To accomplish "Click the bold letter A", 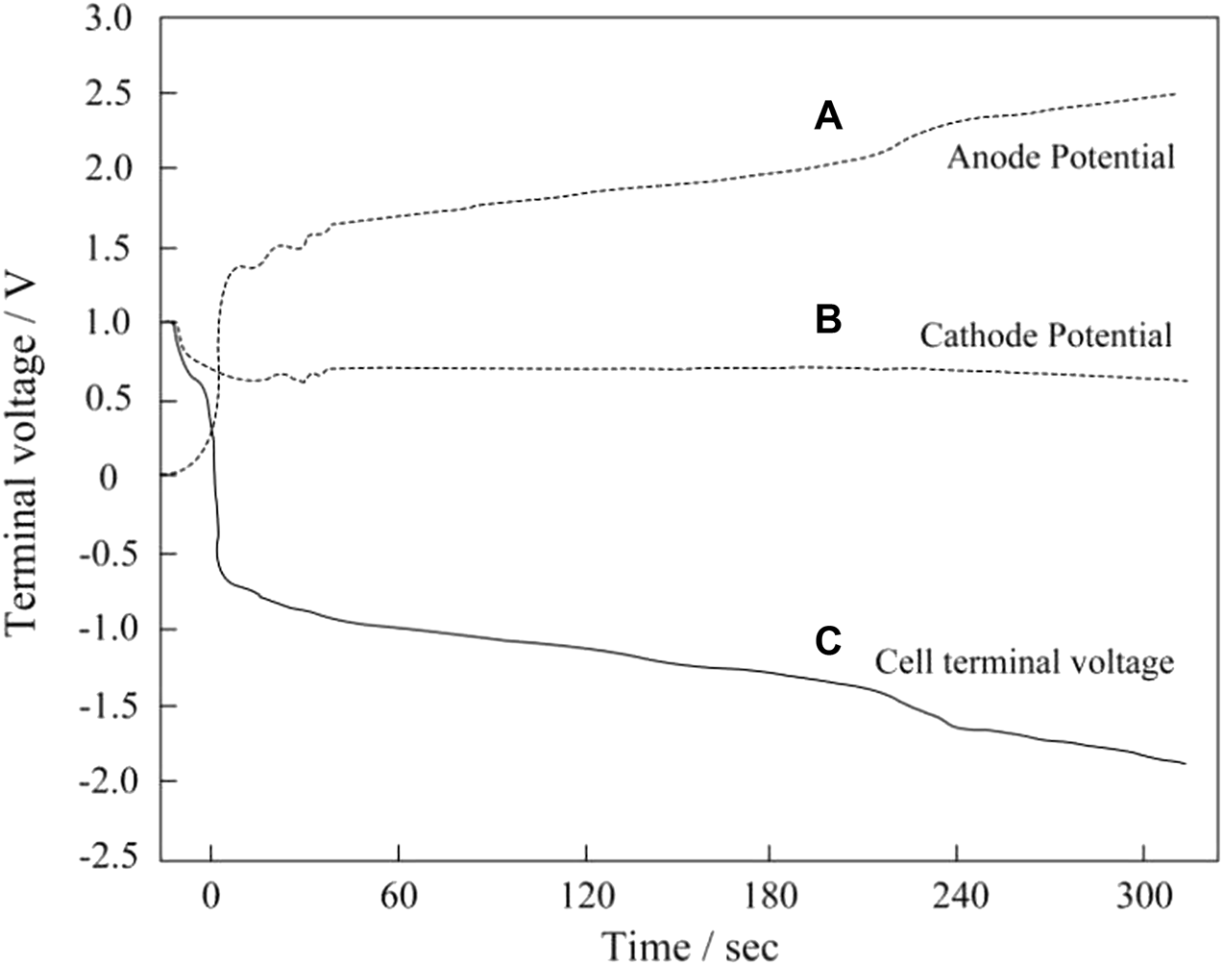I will pos(828,117).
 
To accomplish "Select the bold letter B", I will pos(828,320).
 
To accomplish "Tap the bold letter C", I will pos(828,641).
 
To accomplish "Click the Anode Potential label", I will pos(1061,157).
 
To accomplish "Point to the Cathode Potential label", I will pos(1046,335).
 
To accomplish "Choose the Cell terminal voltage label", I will pos(1024,662).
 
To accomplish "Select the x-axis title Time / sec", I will pos(690,944).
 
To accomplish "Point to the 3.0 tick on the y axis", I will pos(112,18).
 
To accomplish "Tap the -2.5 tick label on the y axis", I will pos(106,858).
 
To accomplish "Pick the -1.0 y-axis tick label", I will pos(106,630).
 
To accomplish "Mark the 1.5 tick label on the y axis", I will pos(112,248).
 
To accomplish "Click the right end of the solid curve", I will pos(1186,763).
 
